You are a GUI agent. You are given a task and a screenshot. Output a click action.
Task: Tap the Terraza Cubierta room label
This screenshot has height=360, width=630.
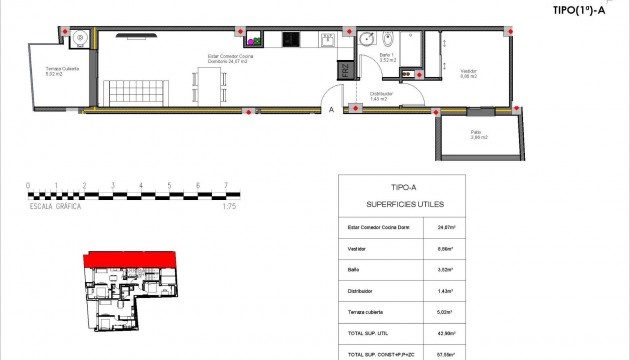point(60,71)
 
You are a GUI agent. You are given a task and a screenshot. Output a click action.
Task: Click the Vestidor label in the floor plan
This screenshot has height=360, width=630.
point(468,72)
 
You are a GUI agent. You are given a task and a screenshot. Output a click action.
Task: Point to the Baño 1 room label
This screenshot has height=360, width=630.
point(387,57)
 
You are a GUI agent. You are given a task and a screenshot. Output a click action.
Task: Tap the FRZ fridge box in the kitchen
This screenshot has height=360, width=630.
point(344,70)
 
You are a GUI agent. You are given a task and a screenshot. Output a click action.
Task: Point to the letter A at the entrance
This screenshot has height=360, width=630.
point(331,111)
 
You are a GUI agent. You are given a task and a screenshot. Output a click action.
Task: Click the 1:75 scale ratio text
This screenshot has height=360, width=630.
point(229,205)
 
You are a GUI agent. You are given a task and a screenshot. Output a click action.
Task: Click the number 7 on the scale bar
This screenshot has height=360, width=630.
point(227,186)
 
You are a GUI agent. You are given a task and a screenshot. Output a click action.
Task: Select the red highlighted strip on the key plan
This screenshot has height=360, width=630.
point(130,262)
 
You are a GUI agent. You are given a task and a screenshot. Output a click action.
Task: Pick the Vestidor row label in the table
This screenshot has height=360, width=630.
point(356,249)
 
